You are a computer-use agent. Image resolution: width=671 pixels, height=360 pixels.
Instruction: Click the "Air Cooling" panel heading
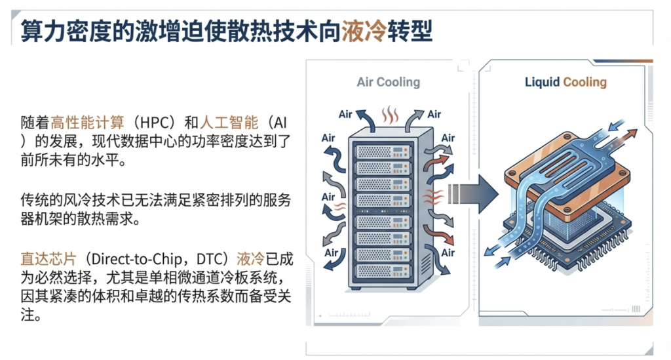[388, 82]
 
